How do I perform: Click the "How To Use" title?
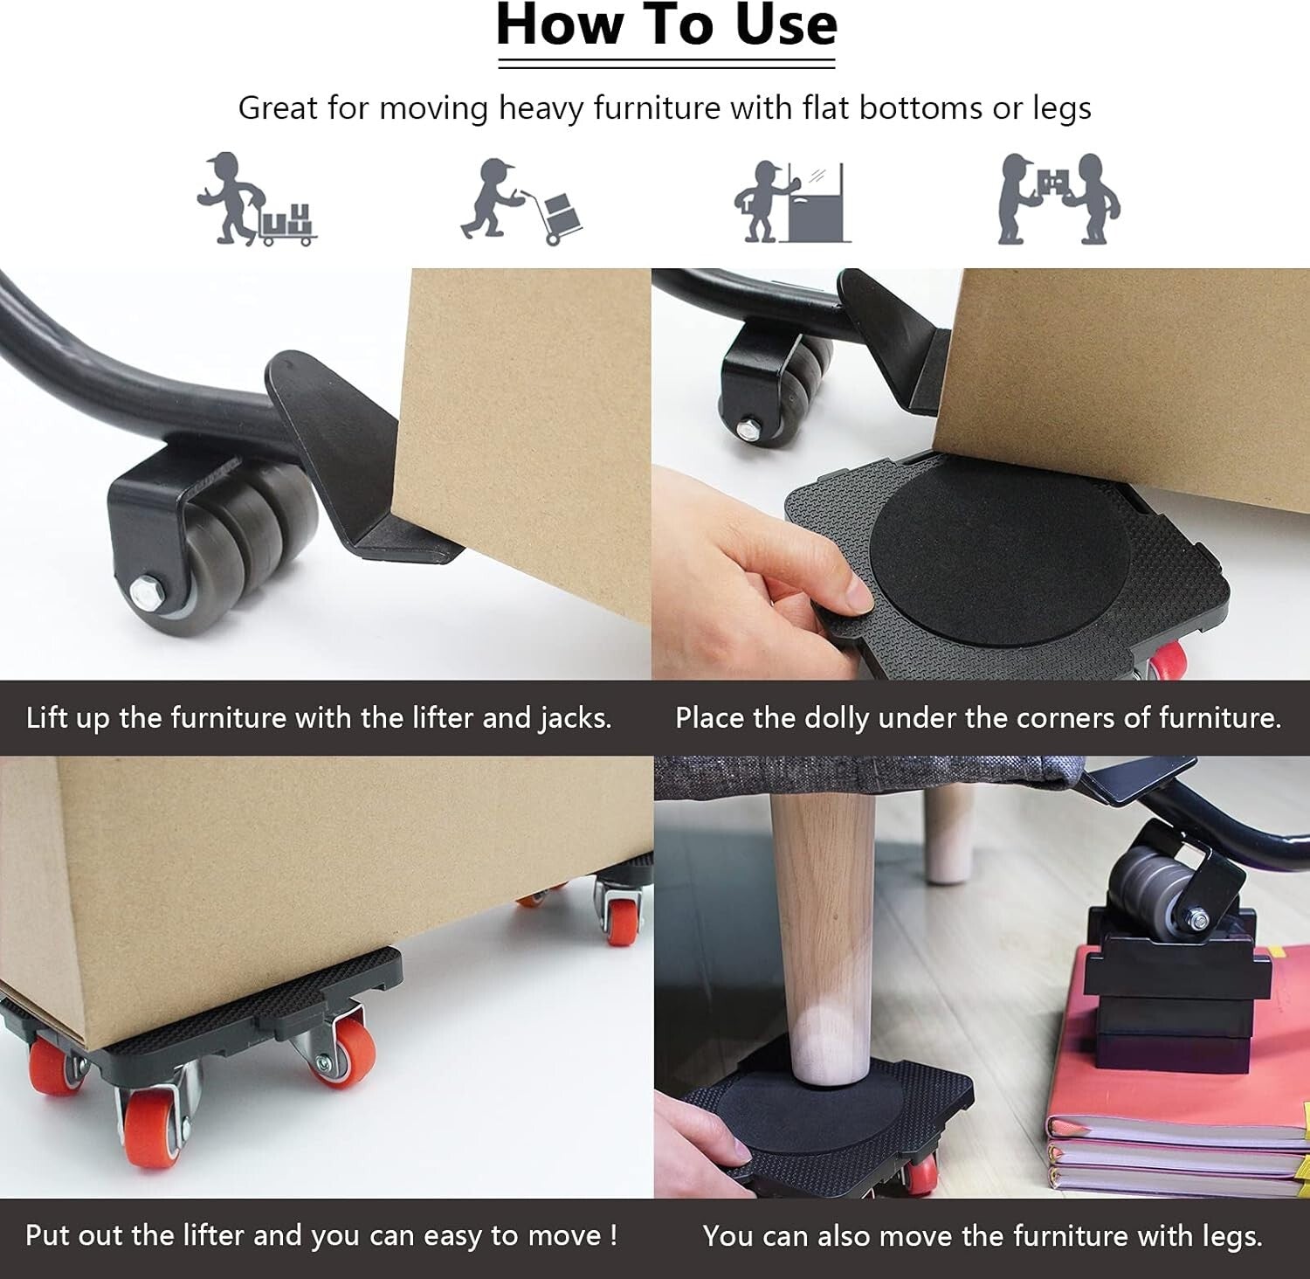click(x=666, y=26)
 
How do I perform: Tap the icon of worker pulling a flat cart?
click(x=255, y=199)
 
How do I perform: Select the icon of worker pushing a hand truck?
click(x=521, y=201)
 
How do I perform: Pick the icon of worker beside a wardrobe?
click(x=791, y=201)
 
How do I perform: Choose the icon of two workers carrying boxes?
click(x=1058, y=199)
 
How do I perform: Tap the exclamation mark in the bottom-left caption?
click(x=613, y=1235)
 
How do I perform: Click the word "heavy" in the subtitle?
click(x=539, y=108)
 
